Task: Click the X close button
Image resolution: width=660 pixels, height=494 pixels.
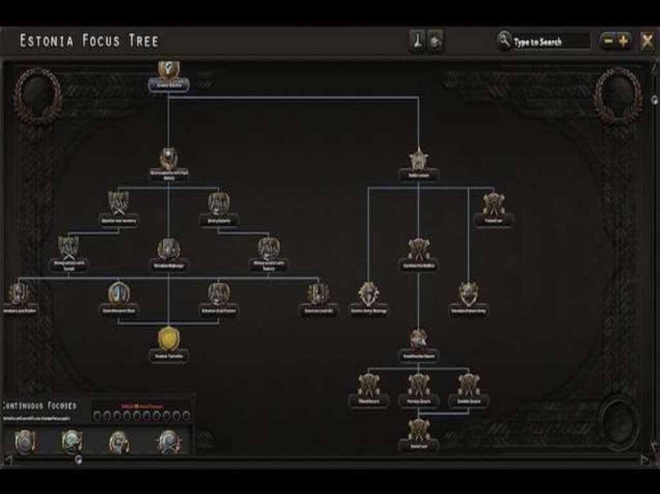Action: [647, 42]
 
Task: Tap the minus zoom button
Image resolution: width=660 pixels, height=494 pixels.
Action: [607, 42]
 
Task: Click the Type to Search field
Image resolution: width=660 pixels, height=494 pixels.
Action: [549, 42]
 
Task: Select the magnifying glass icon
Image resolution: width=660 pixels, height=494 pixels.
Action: [503, 41]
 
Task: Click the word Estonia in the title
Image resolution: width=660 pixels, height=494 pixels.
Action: [49, 41]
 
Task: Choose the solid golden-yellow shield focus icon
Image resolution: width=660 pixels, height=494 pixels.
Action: [168, 339]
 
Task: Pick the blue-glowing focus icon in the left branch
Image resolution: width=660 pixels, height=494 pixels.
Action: [119, 293]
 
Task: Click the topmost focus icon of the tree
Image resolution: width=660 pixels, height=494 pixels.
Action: [168, 69]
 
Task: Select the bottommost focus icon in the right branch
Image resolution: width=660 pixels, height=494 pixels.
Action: [418, 429]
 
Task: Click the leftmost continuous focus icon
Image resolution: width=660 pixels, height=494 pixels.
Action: [24, 442]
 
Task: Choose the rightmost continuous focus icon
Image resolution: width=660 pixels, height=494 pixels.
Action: [169, 442]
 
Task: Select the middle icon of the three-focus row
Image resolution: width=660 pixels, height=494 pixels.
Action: [418, 385]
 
